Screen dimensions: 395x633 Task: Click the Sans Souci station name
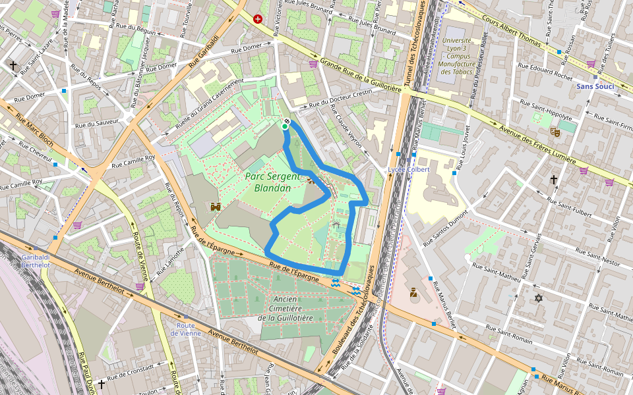[595, 86]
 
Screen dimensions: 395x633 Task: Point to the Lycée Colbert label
[408, 169]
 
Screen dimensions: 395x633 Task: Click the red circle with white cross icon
[257, 19]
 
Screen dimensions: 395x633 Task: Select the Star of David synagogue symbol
[538, 299]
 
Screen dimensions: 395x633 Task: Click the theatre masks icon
[555, 132]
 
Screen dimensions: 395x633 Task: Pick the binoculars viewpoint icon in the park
[215, 207]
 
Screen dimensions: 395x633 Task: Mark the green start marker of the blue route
[285, 126]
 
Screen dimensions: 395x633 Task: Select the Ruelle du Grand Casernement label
[209, 104]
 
